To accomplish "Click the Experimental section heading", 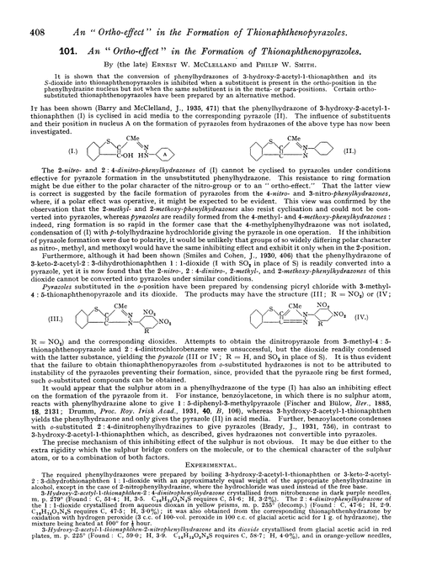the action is pyautogui.click(x=210, y=455).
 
